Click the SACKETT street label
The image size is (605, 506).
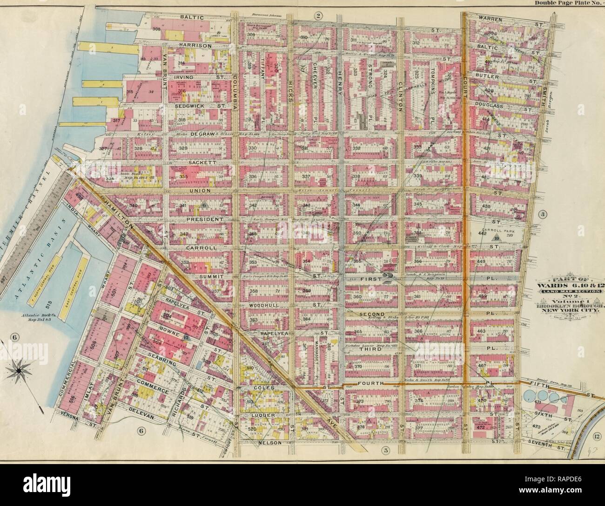201,162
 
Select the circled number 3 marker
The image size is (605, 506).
543,214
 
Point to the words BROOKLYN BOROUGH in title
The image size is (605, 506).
579,307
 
